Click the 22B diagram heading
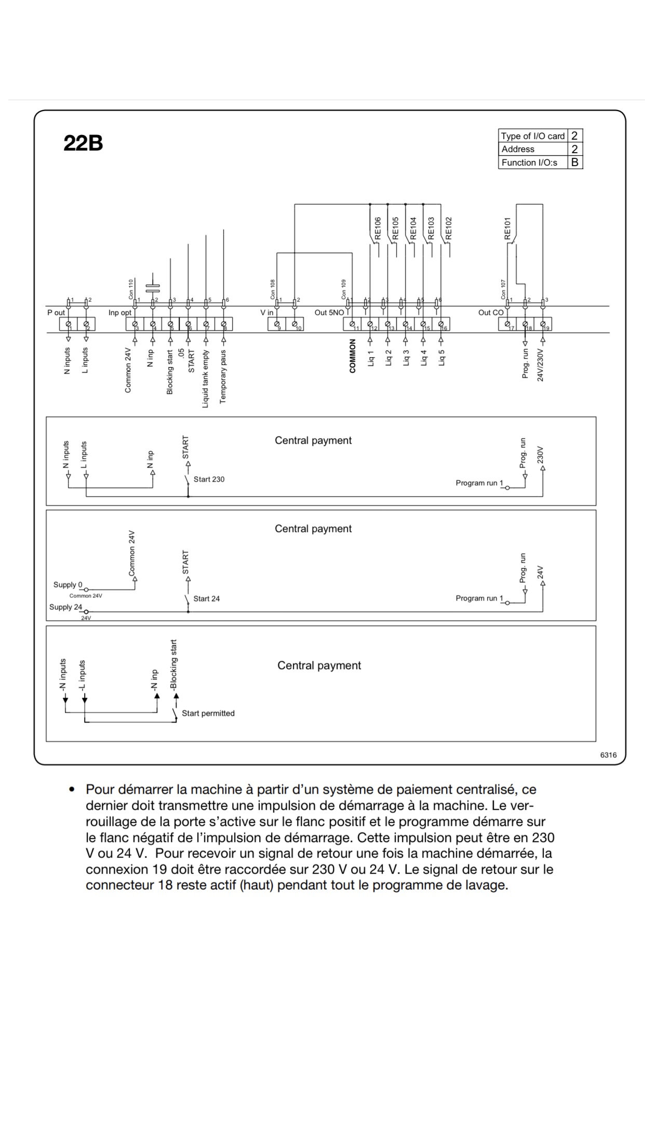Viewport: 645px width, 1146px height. pos(83,143)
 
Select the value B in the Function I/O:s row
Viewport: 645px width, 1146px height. pos(575,162)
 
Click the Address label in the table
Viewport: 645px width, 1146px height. pos(518,149)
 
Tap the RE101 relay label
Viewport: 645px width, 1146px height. pos(507,228)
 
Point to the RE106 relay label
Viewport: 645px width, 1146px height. pos(378,228)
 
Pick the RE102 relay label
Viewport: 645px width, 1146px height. pos(449,228)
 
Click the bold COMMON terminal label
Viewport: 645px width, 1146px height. pos(353,356)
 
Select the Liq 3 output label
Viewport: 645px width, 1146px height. pos(406,358)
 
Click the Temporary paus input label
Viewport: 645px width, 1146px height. pos(223,376)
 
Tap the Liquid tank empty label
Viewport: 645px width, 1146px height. pos(206,378)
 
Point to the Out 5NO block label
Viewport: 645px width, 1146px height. pos(329,313)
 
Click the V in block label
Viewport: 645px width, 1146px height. pos(267,313)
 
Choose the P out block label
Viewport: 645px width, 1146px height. pos(56,313)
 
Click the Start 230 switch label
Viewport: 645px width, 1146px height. pos(209,479)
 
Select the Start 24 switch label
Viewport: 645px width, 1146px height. pos(206,598)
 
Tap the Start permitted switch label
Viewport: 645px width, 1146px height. pos(208,713)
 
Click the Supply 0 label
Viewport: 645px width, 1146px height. pos(68,585)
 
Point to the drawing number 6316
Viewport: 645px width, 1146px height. pos(608,755)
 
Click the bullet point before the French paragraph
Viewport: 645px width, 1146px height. pos(72,789)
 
